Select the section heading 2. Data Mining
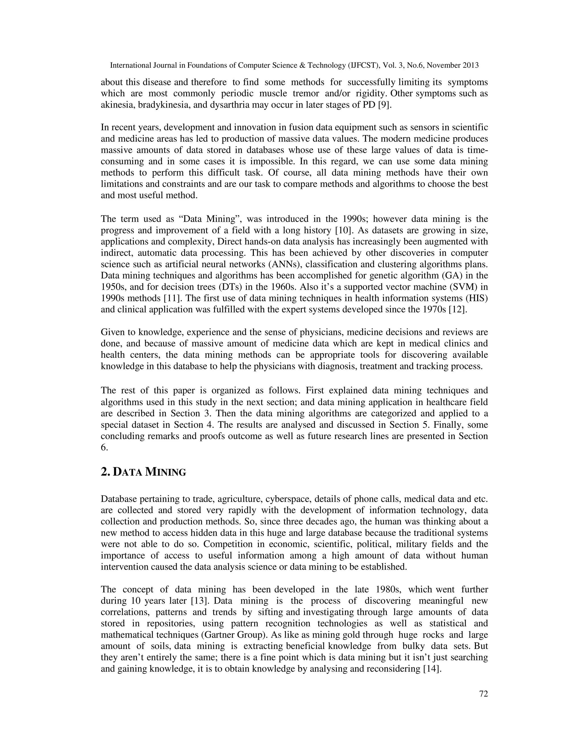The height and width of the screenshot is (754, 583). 143,471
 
